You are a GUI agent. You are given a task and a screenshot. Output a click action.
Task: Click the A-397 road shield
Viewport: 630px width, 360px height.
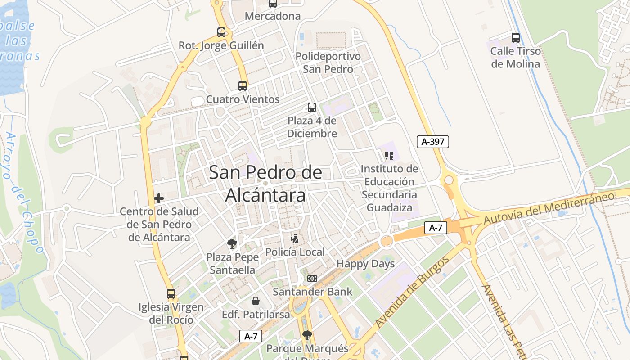(x=433, y=142)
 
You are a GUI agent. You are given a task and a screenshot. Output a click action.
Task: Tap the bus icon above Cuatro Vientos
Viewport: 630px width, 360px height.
(x=243, y=85)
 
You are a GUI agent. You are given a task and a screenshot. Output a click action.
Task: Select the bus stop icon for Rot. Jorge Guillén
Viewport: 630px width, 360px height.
(x=221, y=32)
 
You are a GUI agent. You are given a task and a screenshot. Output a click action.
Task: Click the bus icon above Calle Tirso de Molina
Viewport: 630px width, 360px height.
(x=516, y=38)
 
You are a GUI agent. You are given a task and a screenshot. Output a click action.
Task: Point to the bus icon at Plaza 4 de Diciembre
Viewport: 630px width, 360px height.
(x=312, y=108)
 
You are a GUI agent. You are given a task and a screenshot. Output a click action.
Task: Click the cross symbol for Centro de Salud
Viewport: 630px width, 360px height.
(x=159, y=198)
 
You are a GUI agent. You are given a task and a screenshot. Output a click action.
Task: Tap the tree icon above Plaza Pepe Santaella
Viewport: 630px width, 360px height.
(x=232, y=244)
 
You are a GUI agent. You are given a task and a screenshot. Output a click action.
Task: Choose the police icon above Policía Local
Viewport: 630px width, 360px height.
(x=295, y=238)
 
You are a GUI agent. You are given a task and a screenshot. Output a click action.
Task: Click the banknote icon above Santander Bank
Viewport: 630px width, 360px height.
(x=312, y=279)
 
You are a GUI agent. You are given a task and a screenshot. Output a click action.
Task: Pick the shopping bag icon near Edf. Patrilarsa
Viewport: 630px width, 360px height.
(x=256, y=301)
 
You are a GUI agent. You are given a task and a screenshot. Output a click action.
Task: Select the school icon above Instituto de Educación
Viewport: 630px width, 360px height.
(x=389, y=156)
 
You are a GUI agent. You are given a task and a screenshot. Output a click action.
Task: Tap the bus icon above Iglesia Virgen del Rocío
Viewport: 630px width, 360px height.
(x=171, y=294)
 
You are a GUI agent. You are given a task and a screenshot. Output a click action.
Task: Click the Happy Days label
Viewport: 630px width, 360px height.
(x=365, y=264)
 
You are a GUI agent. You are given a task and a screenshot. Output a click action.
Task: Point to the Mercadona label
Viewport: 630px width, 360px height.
(x=273, y=16)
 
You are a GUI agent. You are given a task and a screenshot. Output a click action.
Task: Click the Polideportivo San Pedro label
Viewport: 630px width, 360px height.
(x=328, y=63)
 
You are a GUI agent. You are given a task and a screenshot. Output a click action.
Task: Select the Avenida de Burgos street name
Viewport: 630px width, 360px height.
(x=412, y=292)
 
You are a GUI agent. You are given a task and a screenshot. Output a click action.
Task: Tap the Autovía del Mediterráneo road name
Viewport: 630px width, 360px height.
(x=549, y=208)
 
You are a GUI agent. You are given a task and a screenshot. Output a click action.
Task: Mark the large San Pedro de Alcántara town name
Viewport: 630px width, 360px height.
(x=265, y=184)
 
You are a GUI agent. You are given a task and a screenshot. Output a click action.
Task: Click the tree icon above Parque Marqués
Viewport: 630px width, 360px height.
(x=307, y=335)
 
